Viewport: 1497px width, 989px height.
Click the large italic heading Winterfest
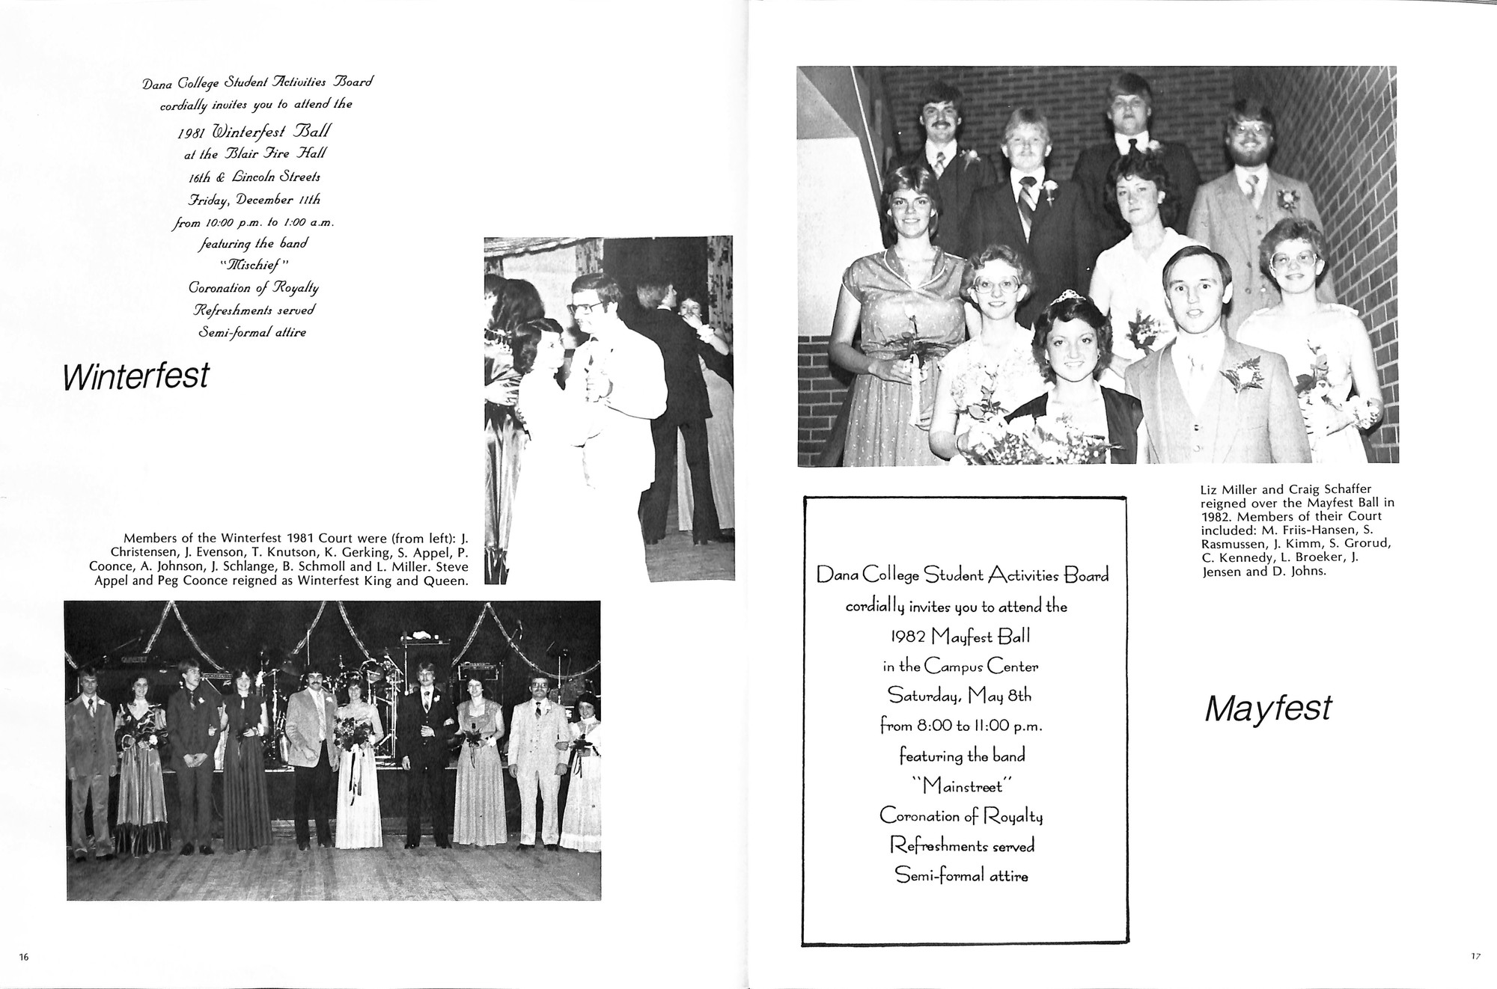[136, 376]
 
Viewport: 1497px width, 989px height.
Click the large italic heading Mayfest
[1268, 708]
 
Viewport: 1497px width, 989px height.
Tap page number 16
[24, 957]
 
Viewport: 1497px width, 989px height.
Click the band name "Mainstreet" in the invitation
[962, 786]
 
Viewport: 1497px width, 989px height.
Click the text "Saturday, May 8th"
[960, 696]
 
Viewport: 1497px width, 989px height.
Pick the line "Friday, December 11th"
[254, 200]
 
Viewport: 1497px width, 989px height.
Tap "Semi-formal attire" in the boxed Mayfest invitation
[962, 875]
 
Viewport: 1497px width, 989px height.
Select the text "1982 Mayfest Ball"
[960, 637]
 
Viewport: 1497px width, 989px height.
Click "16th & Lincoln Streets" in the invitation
[254, 177]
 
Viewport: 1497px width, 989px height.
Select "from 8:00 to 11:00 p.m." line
[961, 726]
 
